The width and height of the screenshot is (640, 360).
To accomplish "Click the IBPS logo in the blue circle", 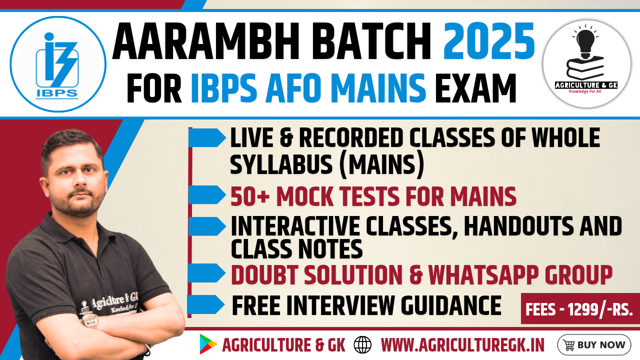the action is click(x=57, y=65).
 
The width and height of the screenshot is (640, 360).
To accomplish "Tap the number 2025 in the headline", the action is click(x=489, y=40).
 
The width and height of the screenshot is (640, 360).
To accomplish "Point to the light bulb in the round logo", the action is click(x=585, y=42).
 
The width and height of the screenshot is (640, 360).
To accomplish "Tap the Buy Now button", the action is click(x=593, y=345).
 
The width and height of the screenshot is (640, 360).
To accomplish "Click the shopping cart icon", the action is click(x=569, y=345).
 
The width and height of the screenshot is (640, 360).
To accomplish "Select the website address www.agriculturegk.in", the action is click(x=462, y=345).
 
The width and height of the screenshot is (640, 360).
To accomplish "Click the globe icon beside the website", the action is click(x=362, y=345).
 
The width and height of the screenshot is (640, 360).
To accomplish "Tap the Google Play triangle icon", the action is click(x=208, y=344).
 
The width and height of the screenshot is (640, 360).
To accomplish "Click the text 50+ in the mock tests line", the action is click(x=249, y=196).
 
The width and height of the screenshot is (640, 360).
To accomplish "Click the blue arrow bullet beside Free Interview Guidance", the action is click(x=205, y=304).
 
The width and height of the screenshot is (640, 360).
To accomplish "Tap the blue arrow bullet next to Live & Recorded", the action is click(x=207, y=137).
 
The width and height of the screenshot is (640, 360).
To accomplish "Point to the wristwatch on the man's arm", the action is click(x=89, y=320).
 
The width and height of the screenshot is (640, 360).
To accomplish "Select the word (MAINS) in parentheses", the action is click(x=382, y=165).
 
